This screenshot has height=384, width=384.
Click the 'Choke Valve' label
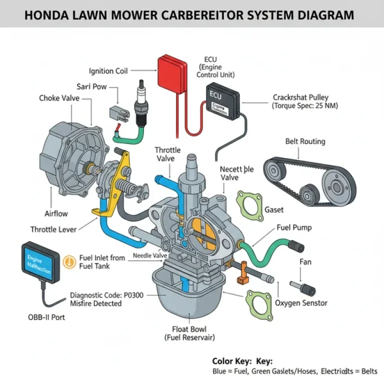click(x=59, y=98)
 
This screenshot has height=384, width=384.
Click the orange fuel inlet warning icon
click(x=69, y=260)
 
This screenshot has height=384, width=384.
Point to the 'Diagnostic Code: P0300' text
click(x=106, y=295)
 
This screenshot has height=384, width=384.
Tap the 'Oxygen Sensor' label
click(x=301, y=302)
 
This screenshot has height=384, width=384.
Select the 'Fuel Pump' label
click(x=294, y=227)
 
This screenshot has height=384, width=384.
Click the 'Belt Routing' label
click(x=305, y=141)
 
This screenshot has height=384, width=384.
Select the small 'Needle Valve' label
click(x=150, y=255)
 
